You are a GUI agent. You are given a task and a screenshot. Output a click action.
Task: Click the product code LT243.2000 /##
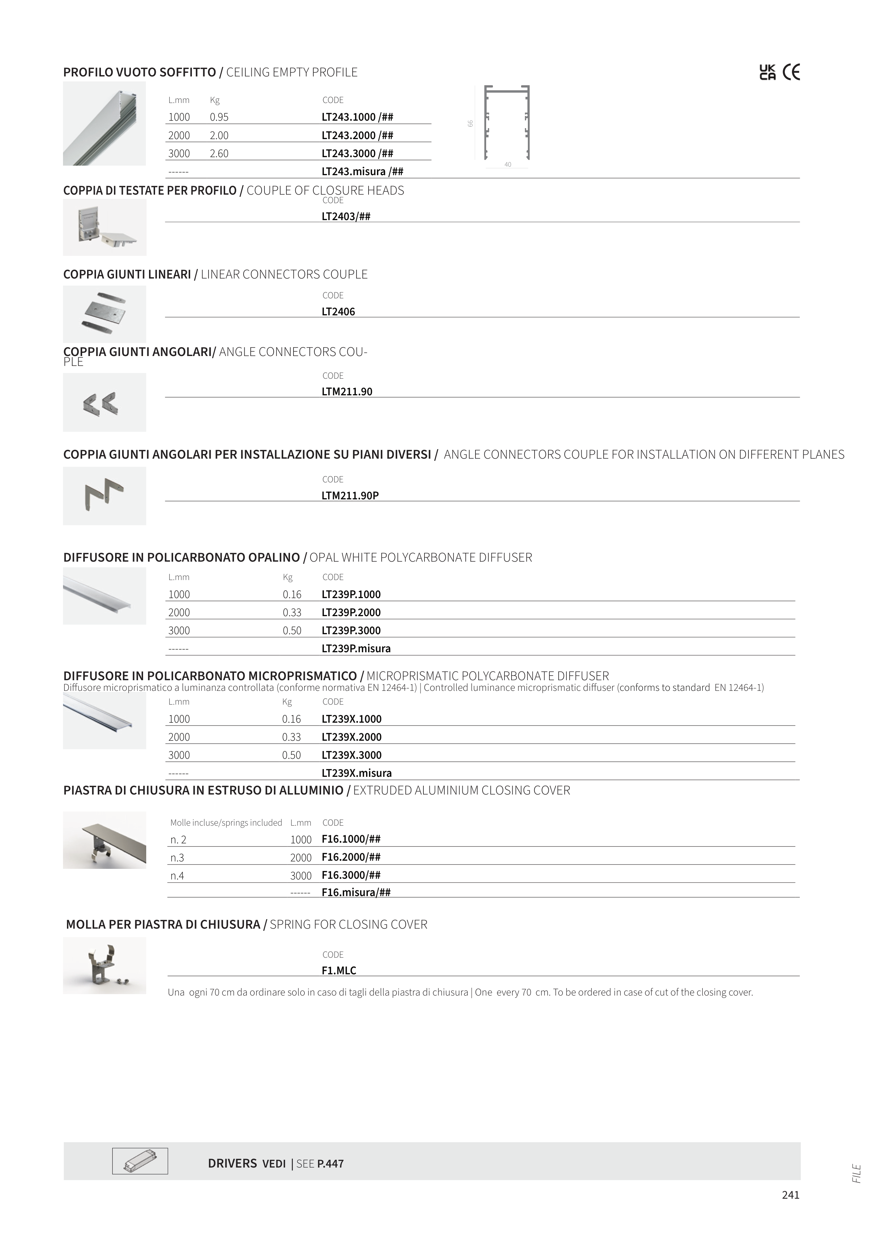coord(357,136)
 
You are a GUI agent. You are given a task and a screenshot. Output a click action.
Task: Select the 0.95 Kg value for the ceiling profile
coord(219,117)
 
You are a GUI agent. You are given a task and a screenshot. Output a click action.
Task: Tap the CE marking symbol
coord(791,73)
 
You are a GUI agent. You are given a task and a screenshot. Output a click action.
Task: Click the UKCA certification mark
coord(768,73)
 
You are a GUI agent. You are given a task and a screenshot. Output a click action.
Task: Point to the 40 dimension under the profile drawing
coord(508,165)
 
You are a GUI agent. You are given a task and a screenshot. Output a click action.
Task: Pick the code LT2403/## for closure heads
coord(346,217)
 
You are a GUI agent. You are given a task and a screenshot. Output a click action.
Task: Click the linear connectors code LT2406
coord(338,312)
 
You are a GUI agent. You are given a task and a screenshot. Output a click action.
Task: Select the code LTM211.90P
coord(350,495)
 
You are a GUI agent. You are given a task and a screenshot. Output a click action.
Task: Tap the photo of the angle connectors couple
coord(104,402)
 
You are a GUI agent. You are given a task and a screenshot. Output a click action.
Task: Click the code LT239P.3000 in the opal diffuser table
coord(351,630)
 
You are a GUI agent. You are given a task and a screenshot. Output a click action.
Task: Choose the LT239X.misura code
coord(357,773)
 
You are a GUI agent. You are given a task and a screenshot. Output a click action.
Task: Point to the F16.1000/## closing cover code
coord(351,839)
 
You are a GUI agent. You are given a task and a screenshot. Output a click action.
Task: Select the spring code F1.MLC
coord(339,970)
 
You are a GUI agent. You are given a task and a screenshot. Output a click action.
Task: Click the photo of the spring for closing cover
coord(104,965)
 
